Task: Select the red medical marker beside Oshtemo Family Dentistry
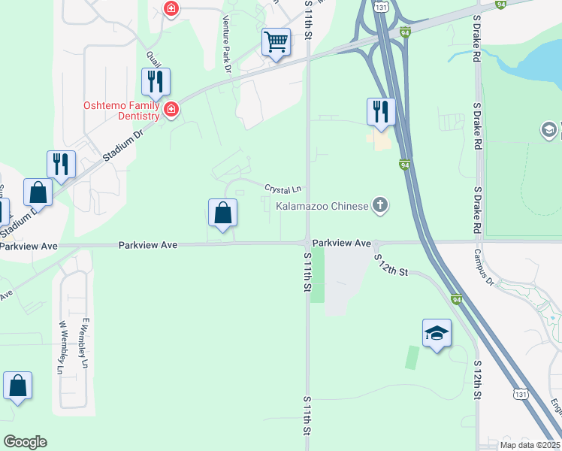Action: (x=171, y=110)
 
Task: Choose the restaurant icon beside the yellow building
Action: (x=381, y=111)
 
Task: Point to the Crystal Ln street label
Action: (x=283, y=188)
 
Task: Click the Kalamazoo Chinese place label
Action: (x=322, y=205)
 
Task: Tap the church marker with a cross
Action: (x=381, y=205)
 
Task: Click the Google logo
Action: (x=25, y=442)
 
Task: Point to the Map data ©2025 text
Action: (x=530, y=445)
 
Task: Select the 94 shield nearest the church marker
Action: (x=404, y=165)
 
